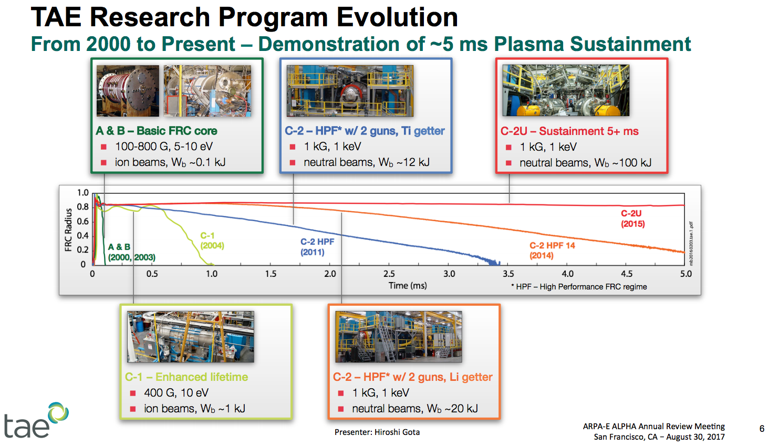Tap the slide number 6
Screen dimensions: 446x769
[762, 429]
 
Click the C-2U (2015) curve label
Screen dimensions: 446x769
[632, 219]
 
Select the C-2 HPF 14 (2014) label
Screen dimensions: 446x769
[552, 251]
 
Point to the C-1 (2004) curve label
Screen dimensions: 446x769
[212, 241]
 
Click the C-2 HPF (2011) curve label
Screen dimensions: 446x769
[317, 247]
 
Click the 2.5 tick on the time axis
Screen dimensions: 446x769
[389, 274]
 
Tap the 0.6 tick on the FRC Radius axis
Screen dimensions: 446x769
[83, 221]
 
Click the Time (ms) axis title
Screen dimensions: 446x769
[408, 286]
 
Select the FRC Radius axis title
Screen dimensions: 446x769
[68, 230]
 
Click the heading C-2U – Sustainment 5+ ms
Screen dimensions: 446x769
[569, 131]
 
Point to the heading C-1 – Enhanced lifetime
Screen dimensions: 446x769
[186, 377]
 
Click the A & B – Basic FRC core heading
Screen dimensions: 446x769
[157, 131]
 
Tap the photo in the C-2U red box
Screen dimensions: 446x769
[566, 90]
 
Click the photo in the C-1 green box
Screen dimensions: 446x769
[191, 337]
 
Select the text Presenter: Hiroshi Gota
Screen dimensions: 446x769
[377, 432]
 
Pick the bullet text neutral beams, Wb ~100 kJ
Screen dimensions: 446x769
[585, 163]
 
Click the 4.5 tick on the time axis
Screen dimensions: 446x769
[627, 274]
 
